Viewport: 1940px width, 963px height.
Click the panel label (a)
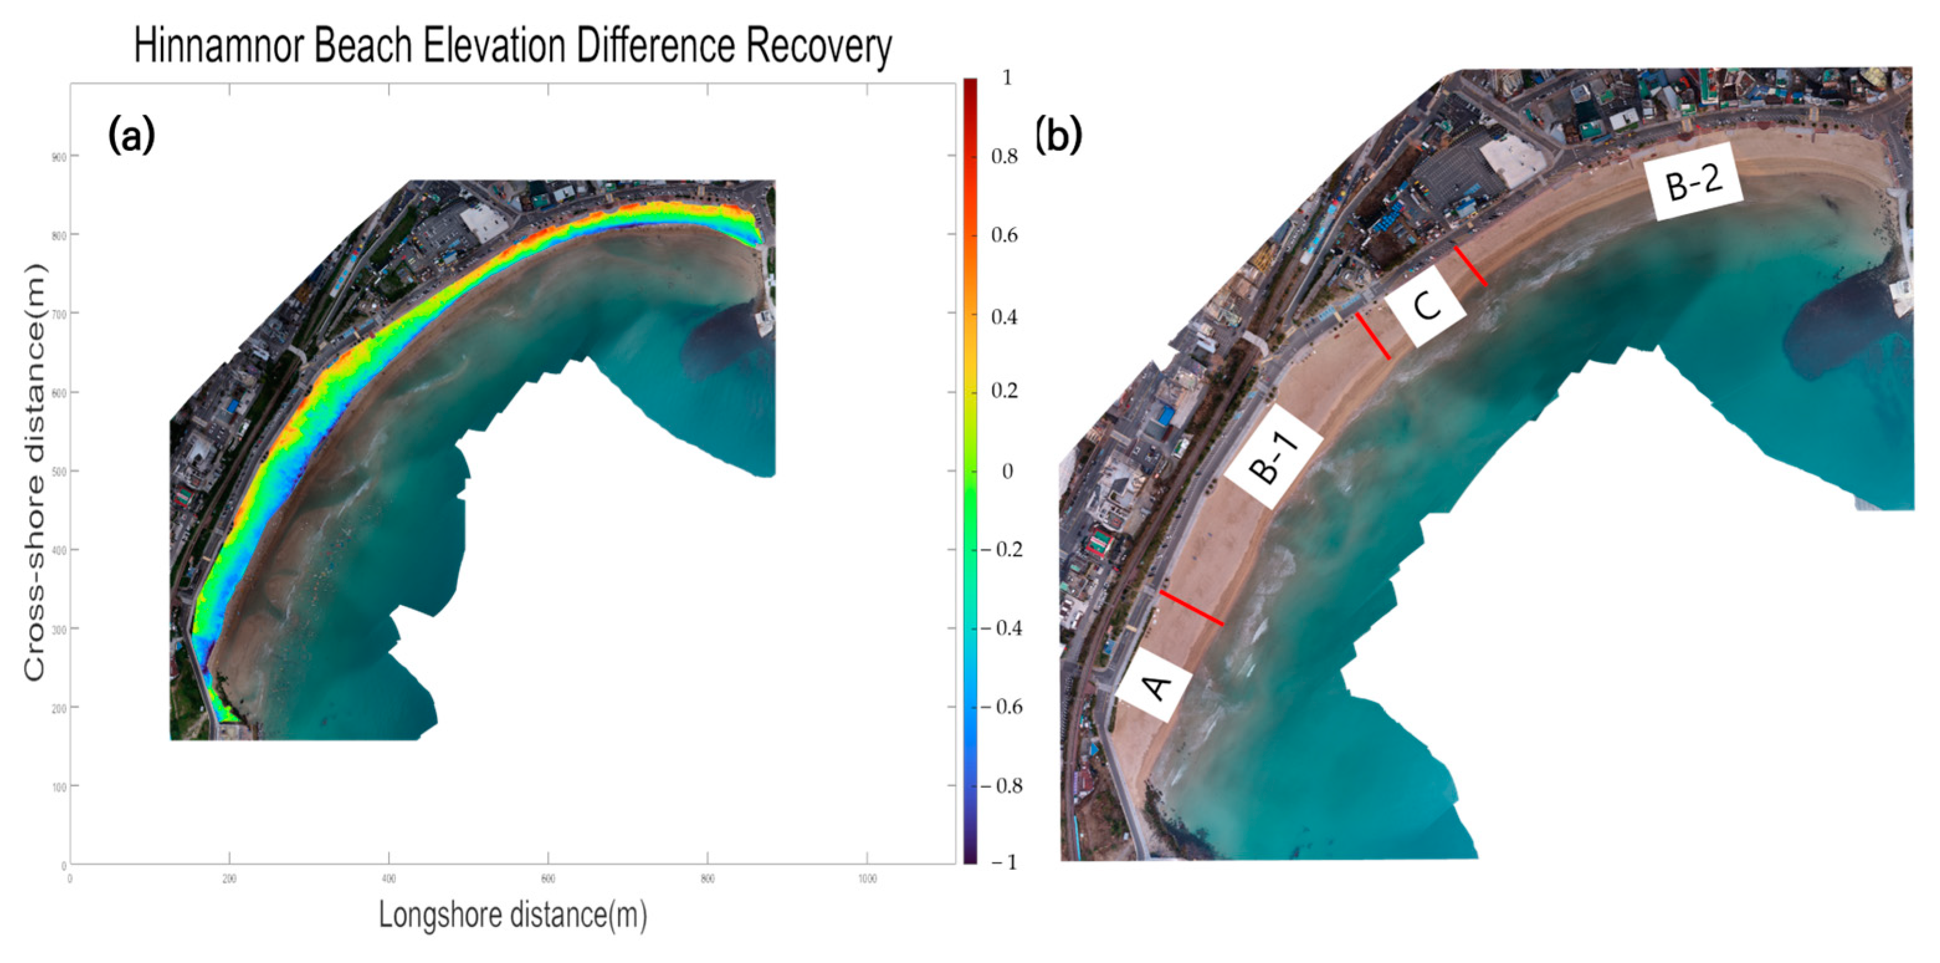click(x=132, y=136)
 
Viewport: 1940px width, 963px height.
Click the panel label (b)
click(x=1058, y=136)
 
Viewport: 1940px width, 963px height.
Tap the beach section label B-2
click(x=1694, y=183)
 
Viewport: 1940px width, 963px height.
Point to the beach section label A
click(x=1155, y=686)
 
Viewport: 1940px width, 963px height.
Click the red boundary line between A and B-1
click(x=1191, y=608)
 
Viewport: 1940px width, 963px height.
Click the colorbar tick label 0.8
click(x=1004, y=156)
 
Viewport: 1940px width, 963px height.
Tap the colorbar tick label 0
click(x=1007, y=471)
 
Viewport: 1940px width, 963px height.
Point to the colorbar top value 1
click(x=1007, y=78)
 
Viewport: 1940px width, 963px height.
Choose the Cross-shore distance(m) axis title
click(x=34, y=473)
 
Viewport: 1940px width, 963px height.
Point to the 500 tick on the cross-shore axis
click(x=59, y=471)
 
